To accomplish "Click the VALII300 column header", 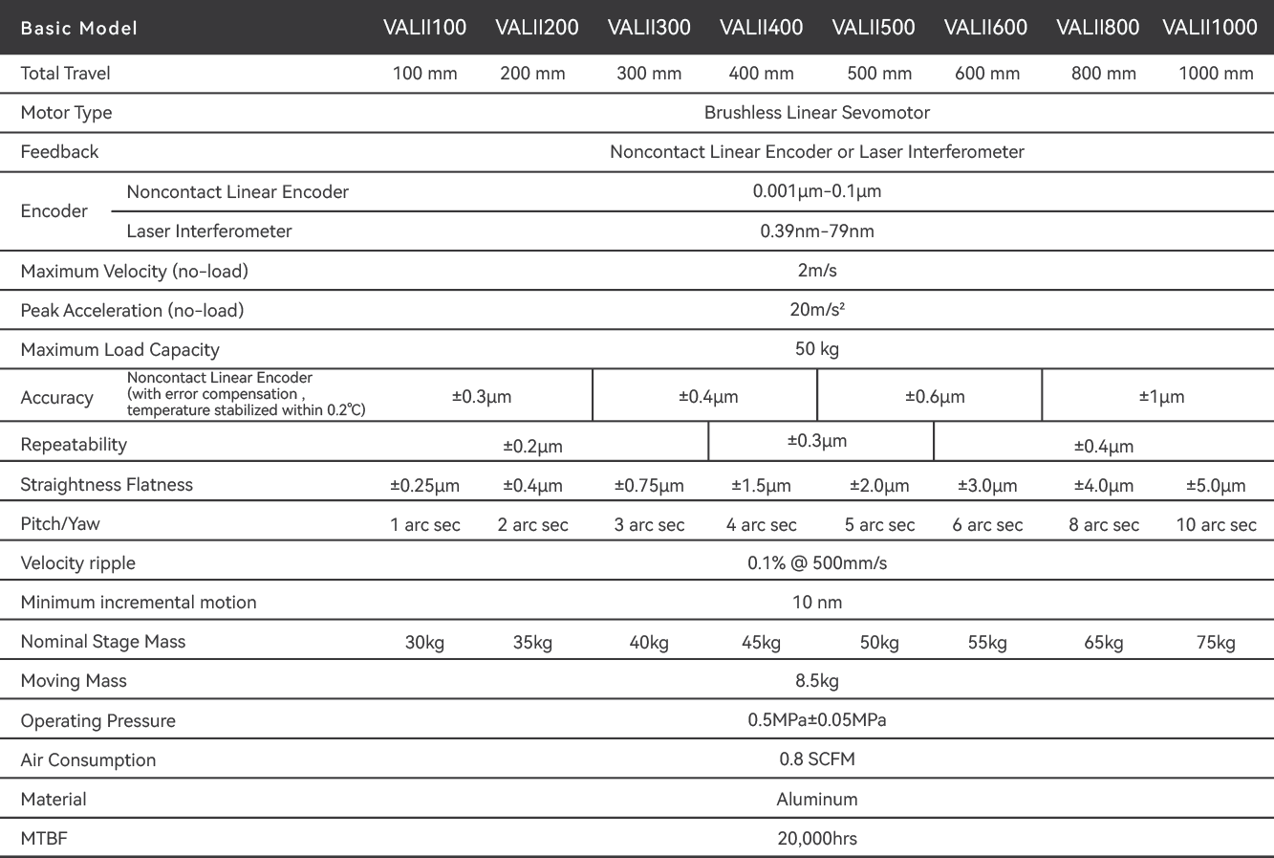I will pyautogui.click(x=649, y=28).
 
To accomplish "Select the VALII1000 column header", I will pyautogui.click(x=1210, y=28).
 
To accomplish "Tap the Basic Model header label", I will pyautogui.click(x=79, y=29).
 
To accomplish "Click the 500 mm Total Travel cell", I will pyautogui.click(x=879, y=74).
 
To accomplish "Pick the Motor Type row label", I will pyautogui.click(x=66, y=113).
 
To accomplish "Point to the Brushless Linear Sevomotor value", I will pyautogui.click(x=817, y=113).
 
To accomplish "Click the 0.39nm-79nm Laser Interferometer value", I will pyautogui.click(x=817, y=231).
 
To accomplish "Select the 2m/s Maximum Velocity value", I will pyautogui.click(x=817, y=271).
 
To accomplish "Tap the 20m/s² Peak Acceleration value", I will pyautogui.click(x=817, y=310).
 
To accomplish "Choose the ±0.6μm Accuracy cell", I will pyautogui.click(x=935, y=397).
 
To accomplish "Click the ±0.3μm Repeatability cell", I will pyautogui.click(x=817, y=441).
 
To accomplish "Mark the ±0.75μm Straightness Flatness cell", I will pyautogui.click(x=649, y=486).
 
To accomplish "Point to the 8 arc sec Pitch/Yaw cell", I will pyautogui.click(x=1104, y=525).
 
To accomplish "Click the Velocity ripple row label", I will pyautogui.click(x=78, y=563).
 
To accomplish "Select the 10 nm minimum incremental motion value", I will pyautogui.click(x=817, y=603).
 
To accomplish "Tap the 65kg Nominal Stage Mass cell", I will pyautogui.click(x=1104, y=643).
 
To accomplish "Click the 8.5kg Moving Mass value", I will pyautogui.click(x=817, y=681).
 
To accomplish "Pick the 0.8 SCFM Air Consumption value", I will pyautogui.click(x=817, y=760).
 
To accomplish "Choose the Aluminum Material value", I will pyautogui.click(x=817, y=800).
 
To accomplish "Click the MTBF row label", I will pyautogui.click(x=44, y=839).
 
